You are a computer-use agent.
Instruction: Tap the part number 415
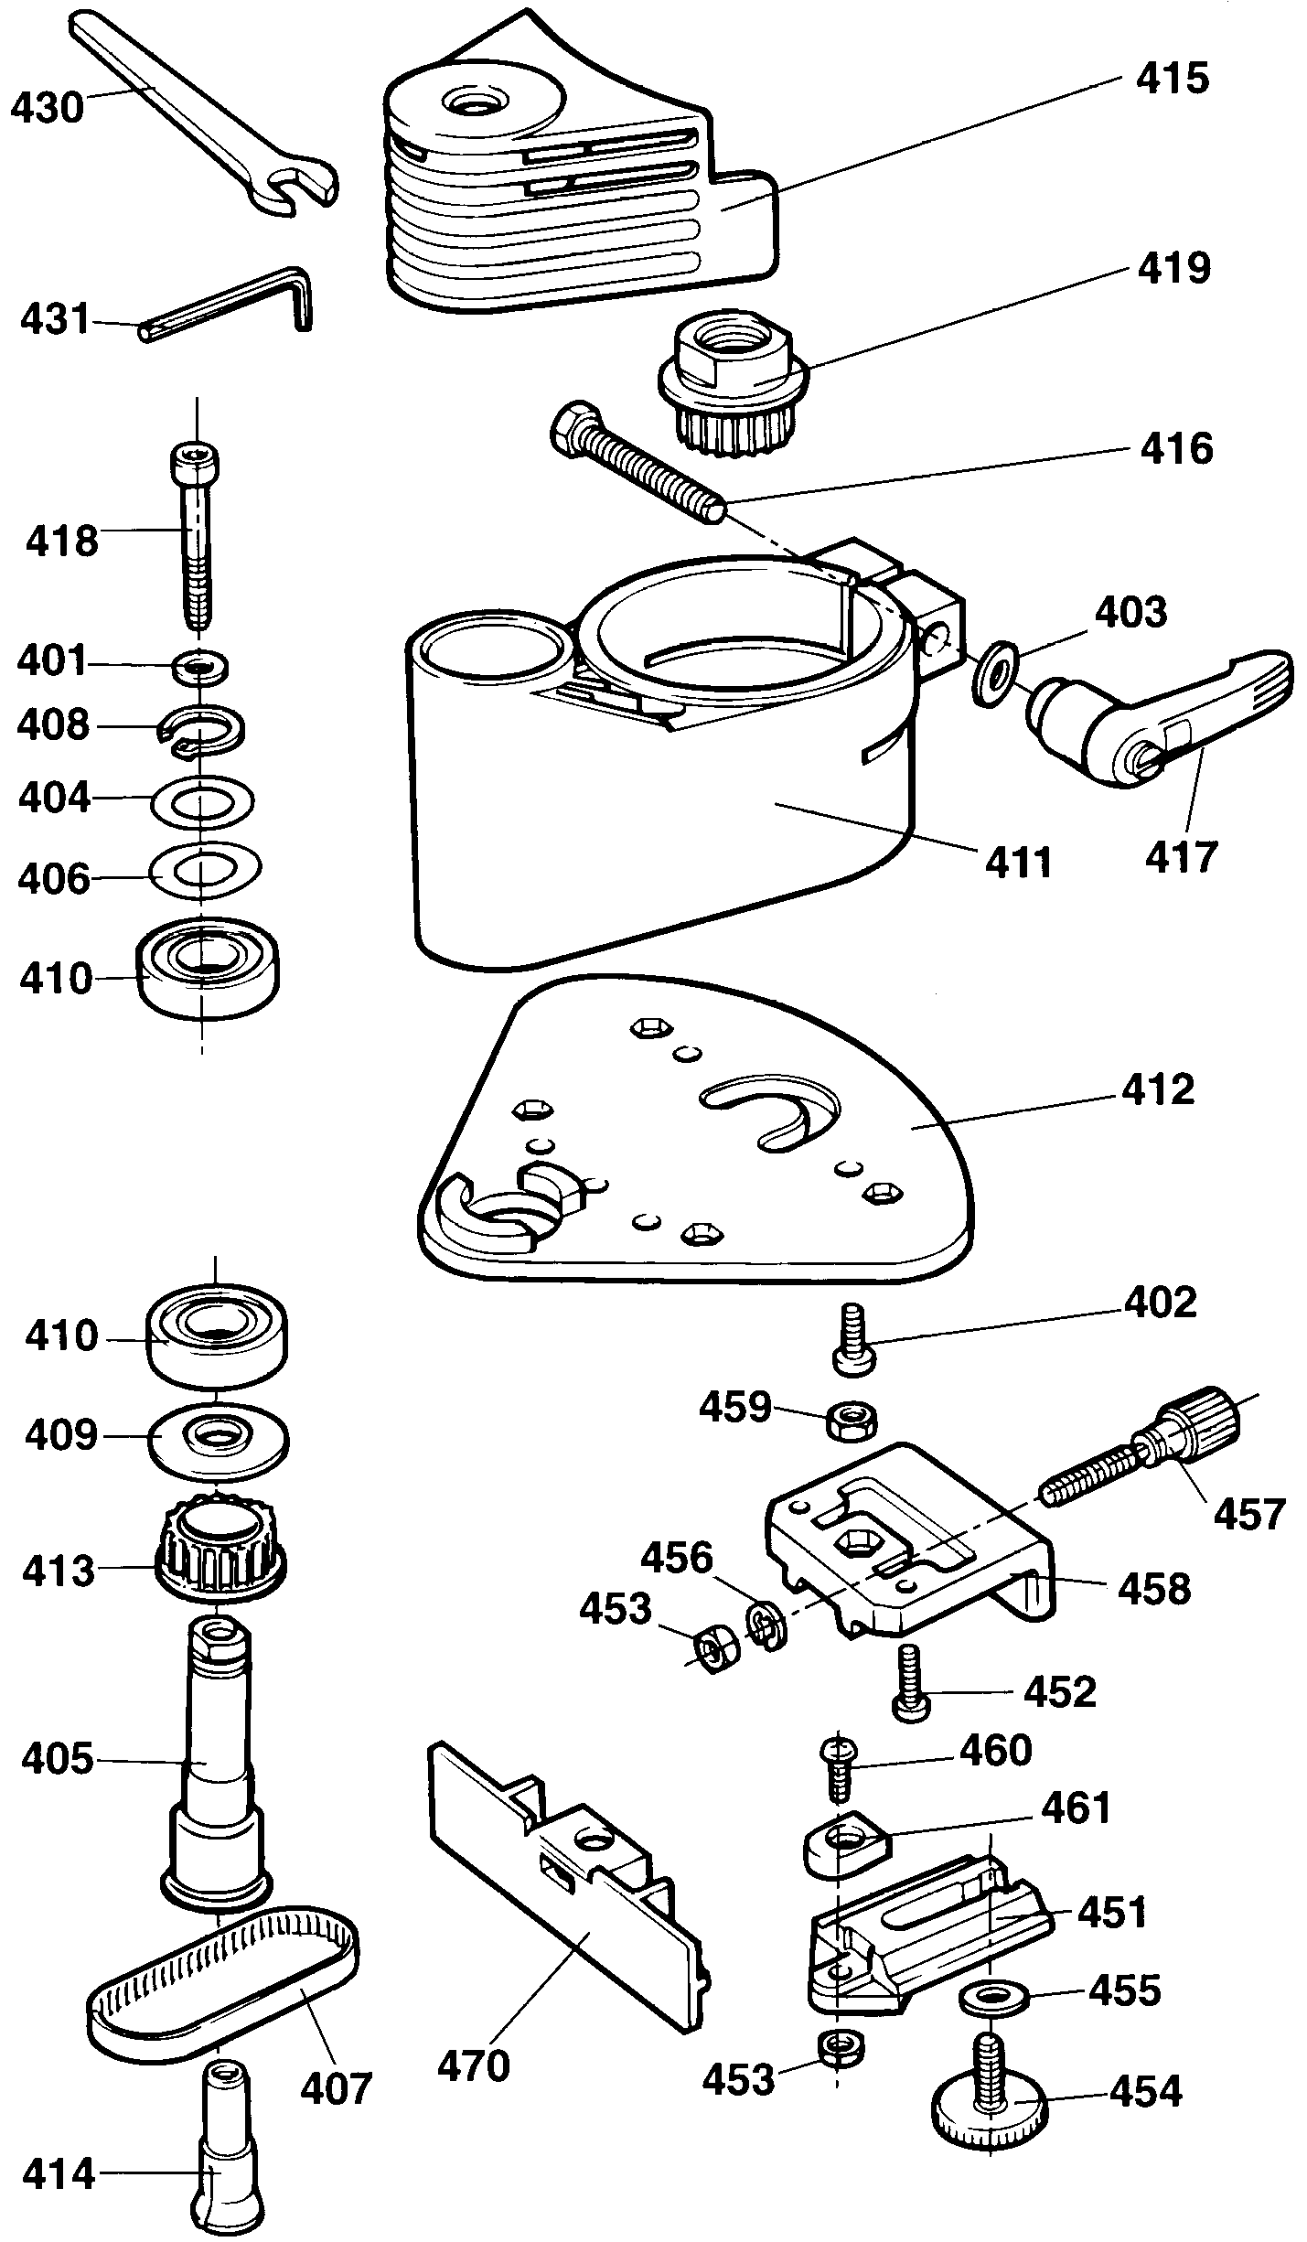point(1172,79)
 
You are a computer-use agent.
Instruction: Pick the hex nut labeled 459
point(852,1421)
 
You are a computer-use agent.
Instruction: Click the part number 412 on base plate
point(1157,1090)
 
